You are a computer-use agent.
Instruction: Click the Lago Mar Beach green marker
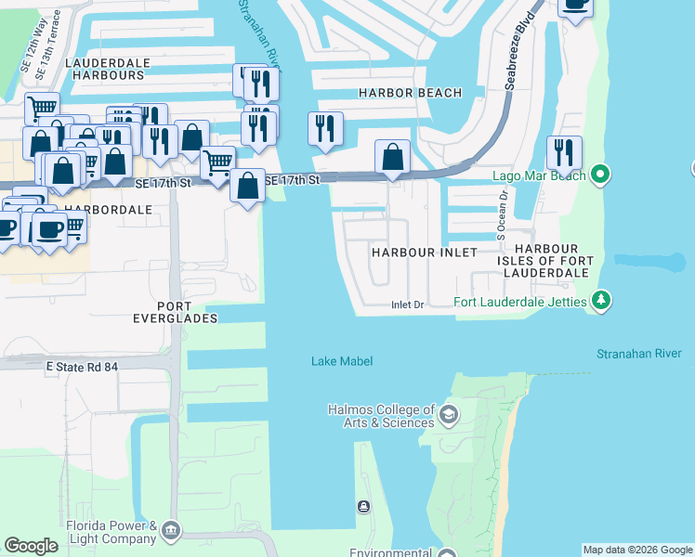click(x=600, y=174)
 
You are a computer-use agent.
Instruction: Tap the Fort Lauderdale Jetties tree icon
click(x=602, y=300)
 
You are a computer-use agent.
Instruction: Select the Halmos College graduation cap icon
click(x=450, y=412)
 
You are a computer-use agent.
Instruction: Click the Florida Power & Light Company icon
click(x=171, y=530)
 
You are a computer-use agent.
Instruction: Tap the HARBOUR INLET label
click(x=424, y=253)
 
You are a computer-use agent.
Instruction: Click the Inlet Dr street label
click(x=407, y=304)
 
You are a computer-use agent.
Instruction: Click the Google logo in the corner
click(x=31, y=546)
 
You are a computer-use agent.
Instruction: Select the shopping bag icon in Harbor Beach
click(x=393, y=156)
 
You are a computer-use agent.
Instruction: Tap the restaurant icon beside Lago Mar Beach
click(x=564, y=152)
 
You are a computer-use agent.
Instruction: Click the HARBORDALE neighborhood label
click(x=108, y=210)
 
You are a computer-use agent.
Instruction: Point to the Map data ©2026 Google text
click(x=636, y=550)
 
